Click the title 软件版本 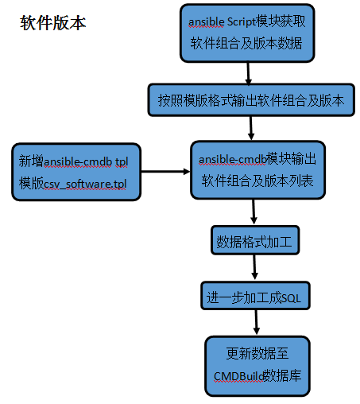53,23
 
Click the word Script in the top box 241,22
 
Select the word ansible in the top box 206,22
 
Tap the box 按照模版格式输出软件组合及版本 251,100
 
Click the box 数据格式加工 255,240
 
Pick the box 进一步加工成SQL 255,296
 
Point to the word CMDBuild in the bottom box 238,376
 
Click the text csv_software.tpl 85,185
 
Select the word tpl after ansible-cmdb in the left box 122,162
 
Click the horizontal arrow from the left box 165,172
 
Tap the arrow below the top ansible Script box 248,73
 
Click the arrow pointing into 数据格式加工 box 254,212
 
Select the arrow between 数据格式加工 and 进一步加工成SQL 254,267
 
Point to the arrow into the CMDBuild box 256,322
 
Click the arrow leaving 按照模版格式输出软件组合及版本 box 251,128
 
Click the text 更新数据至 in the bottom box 257,354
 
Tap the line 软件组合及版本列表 257,181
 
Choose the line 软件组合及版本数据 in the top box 246,43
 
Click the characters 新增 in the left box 31,161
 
